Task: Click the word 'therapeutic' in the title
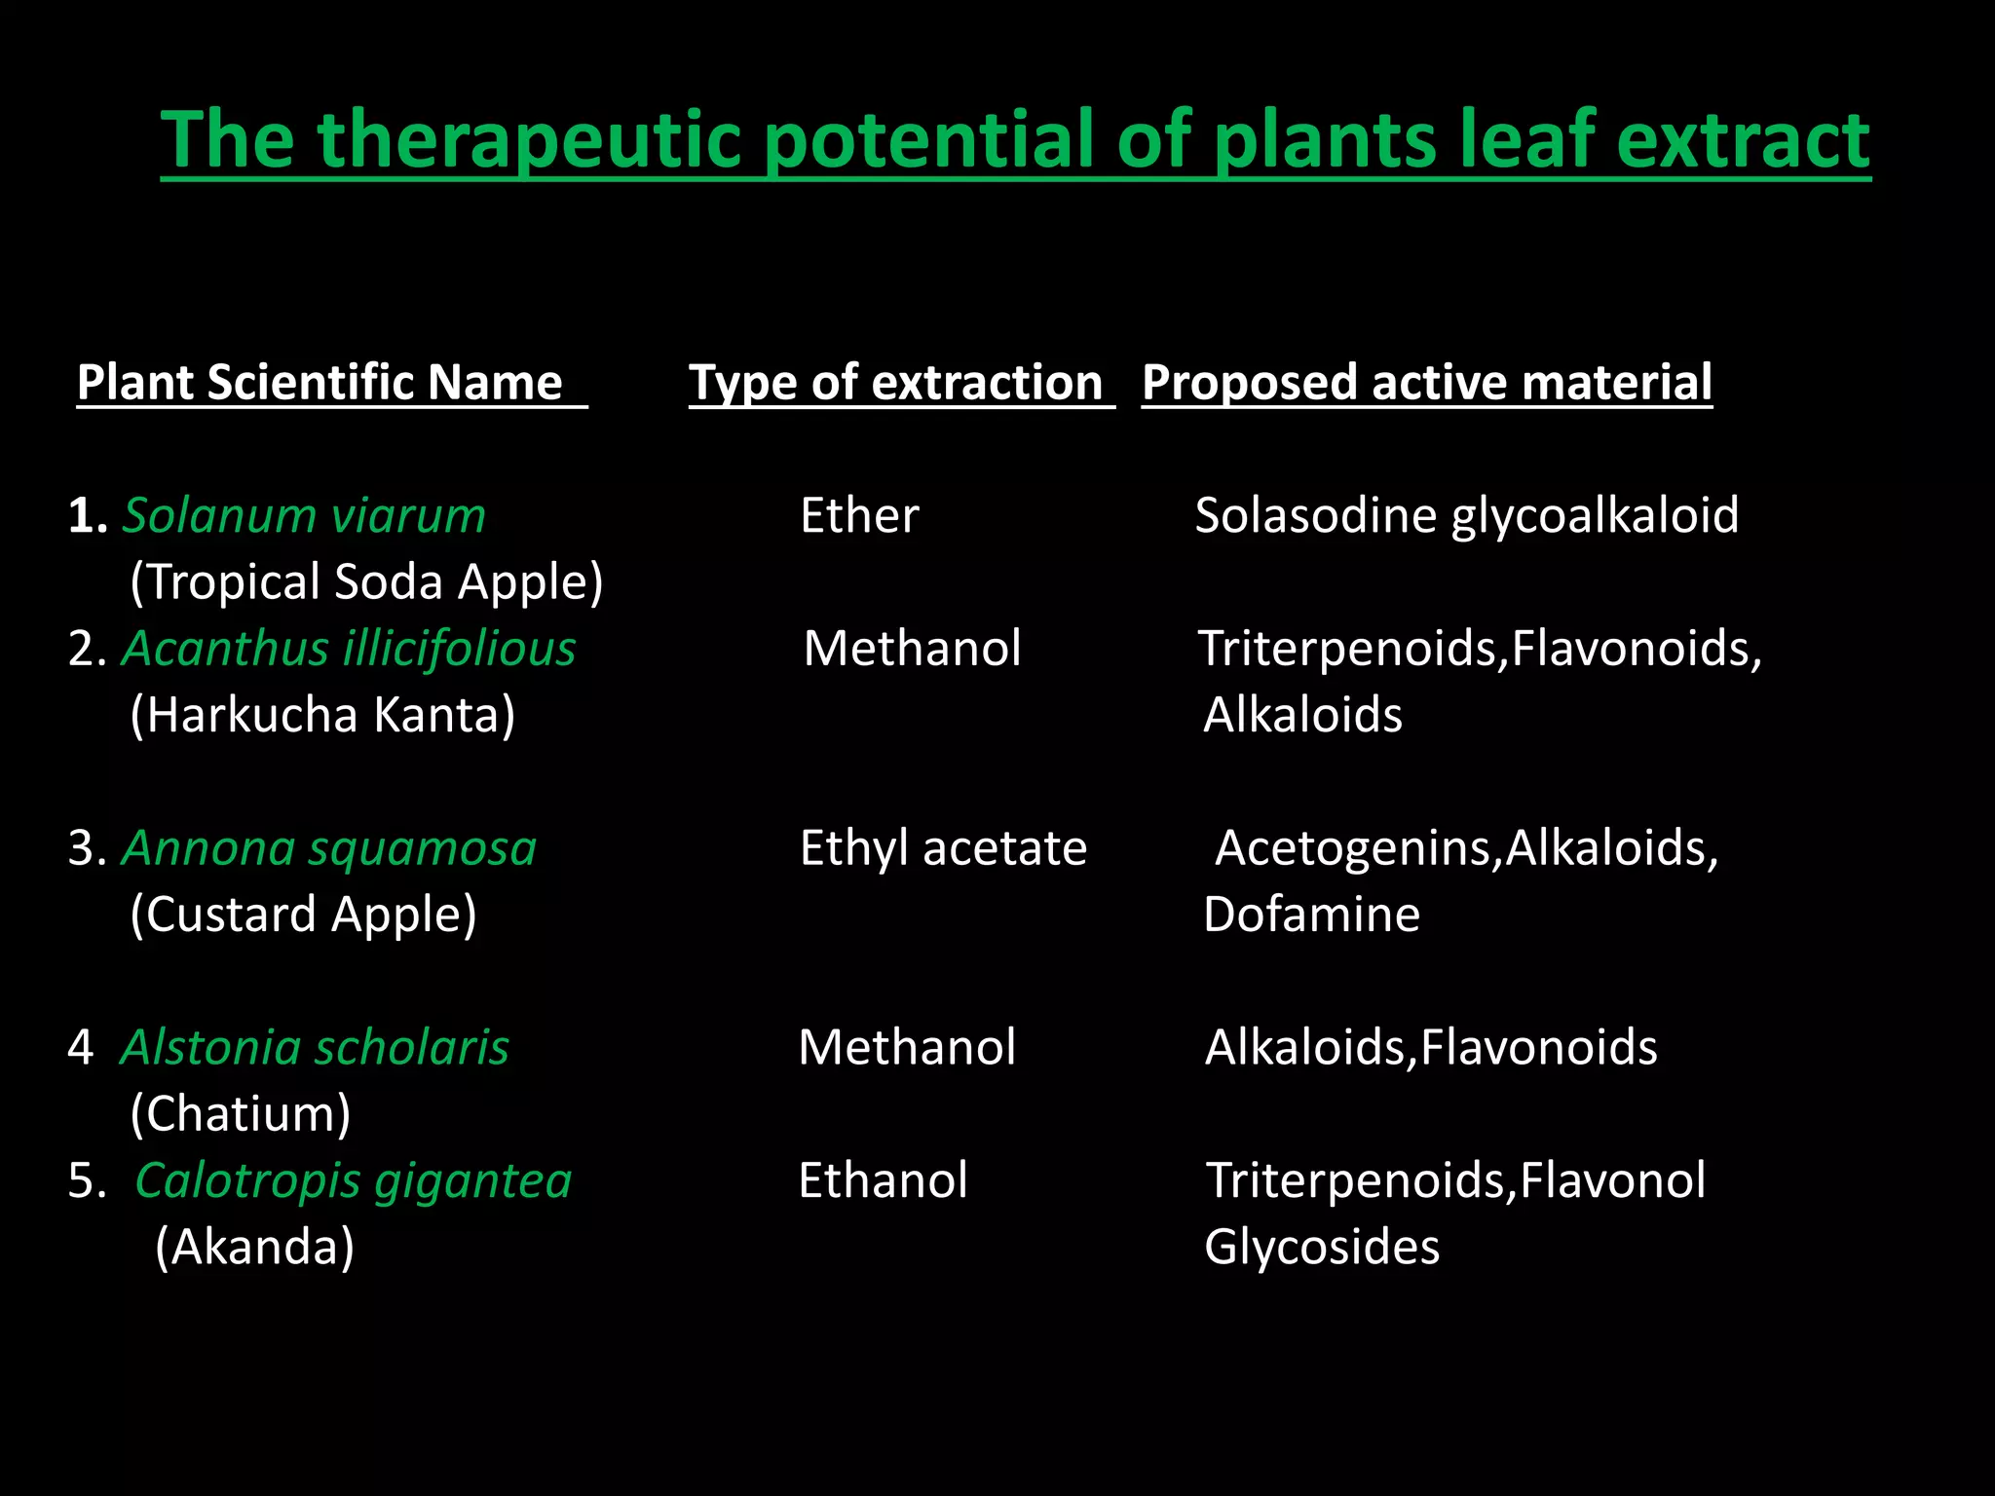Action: pyautogui.click(x=531, y=141)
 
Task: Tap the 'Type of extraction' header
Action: pyautogui.click(x=895, y=382)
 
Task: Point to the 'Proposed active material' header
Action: pyautogui.click(x=1426, y=382)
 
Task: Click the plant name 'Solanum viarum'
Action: pyautogui.click(x=303, y=515)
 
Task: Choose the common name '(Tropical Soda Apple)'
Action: pyautogui.click(x=366, y=582)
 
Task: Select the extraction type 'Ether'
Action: pyautogui.click(x=859, y=515)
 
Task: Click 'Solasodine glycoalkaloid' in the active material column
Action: pyautogui.click(x=1466, y=515)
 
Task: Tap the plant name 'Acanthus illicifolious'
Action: pyautogui.click(x=348, y=649)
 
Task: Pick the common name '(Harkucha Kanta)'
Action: pyautogui.click(x=322, y=715)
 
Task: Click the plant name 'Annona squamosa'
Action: pyautogui.click(x=328, y=848)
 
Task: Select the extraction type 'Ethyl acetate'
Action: pyautogui.click(x=943, y=848)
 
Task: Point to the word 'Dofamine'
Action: pyautogui.click(x=1311, y=915)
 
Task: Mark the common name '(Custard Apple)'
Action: pyautogui.click(x=303, y=915)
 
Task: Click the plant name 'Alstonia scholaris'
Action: pyautogui.click(x=315, y=1048)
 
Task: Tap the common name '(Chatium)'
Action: pyautogui.click(x=241, y=1114)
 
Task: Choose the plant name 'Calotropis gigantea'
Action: pyautogui.click(x=353, y=1180)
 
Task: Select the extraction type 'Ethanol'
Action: pyautogui.click(x=883, y=1180)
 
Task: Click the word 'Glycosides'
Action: pyautogui.click(x=1322, y=1248)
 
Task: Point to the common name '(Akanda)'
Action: pyautogui.click(x=254, y=1248)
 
